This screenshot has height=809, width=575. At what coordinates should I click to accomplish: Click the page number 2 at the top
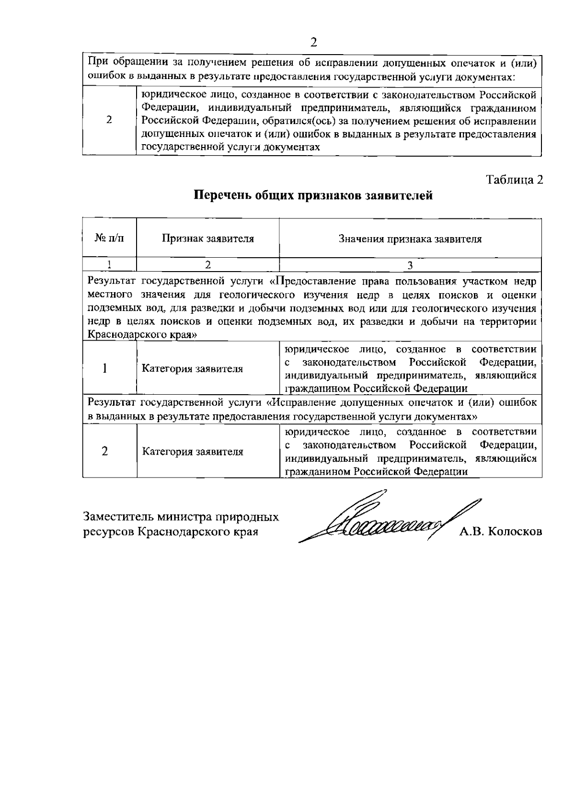click(x=314, y=42)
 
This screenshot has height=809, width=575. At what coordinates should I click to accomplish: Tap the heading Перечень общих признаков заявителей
click(x=313, y=196)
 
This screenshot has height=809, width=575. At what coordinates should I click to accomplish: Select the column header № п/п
click(x=109, y=238)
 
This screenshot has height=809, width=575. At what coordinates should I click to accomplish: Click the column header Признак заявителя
click(x=207, y=239)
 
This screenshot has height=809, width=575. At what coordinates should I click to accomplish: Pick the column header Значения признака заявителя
click(x=410, y=239)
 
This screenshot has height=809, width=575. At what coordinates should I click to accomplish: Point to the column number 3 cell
click(x=410, y=264)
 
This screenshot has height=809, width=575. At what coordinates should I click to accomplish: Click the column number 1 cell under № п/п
click(x=109, y=264)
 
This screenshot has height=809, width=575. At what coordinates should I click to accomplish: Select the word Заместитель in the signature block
click(x=113, y=517)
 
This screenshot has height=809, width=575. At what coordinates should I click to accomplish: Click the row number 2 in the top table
click(x=109, y=120)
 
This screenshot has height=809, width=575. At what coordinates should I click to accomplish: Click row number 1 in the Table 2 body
click(x=105, y=368)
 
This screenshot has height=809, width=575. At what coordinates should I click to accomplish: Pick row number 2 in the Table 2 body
click(x=105, y=451)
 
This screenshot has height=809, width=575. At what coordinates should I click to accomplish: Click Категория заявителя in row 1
click(x=193, y=369)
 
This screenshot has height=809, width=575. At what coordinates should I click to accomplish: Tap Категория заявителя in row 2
click(x=193, y=452)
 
